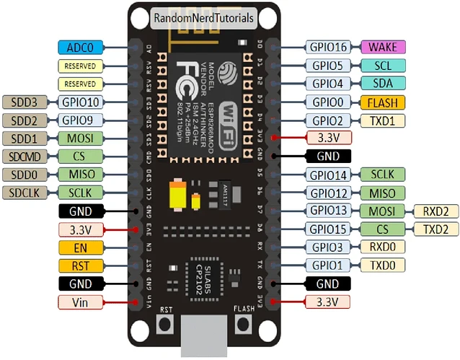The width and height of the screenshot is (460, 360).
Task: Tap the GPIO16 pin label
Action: pyautogui.click(x=328, y=48)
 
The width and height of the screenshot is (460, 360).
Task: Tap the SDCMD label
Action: pyautogui.click(x=26, y=156)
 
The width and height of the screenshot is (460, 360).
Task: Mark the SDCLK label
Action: pyautogui.click(x=26, y=193)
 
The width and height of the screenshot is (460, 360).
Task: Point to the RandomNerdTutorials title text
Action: pyautogui.click(x=203, y=18)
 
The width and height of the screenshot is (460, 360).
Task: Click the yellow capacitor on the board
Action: pyautogui.click(x=177, y=196)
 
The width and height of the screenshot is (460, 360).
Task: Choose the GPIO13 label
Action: pyautogui.click(x=328, y=211)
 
